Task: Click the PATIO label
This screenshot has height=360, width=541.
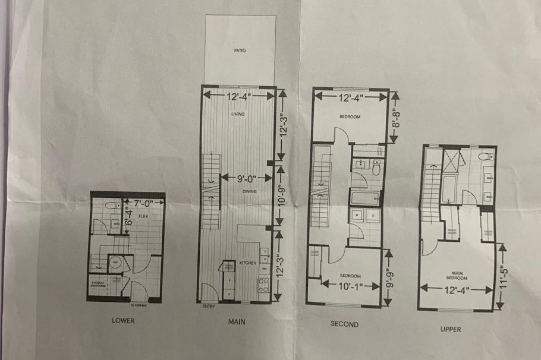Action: (x=240, y=51)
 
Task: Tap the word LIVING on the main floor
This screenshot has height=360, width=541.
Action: (x=239, y=114)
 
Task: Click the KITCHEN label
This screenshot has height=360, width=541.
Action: (x=247, y=263)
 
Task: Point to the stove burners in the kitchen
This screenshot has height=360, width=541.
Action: (x=263, y=286)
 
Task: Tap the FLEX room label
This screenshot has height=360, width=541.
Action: (x=143, y=216)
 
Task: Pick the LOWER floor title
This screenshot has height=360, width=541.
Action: (x=123, y=321)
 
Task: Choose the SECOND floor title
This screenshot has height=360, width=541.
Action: (x=344, y=324)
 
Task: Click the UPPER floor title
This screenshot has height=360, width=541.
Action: (x=450, y=328)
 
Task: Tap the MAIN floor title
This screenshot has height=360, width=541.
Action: (x=237, y=322)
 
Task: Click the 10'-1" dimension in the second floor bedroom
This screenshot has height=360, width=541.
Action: (x=351, y=286)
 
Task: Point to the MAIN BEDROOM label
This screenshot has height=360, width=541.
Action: (x=457, y=276)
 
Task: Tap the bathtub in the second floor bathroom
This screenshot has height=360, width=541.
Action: (x=364, y=197)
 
